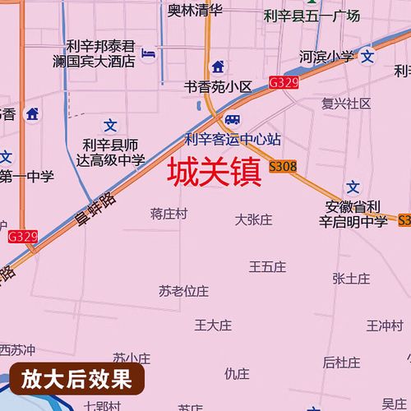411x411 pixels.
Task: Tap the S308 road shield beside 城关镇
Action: [x=283, y=167]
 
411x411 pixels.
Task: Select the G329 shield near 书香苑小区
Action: [x=283, y=83]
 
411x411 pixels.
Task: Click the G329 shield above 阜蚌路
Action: [x=23, y=237]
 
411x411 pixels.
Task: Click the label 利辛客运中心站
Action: [x=233, y=139]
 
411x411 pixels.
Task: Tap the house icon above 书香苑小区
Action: [x=217, y=67]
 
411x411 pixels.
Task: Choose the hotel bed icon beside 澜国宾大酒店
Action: [x=148, y=54]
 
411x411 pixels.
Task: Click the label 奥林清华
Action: [x=196, y=11]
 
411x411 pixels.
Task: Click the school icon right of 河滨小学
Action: [x=367, y=57]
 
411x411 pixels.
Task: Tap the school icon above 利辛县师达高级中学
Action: [x=110, y=124]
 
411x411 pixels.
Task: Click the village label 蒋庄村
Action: [x=169, y=214]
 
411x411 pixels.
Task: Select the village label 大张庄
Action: [x=253, y=219]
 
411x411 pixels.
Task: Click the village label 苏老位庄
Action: [x=184, y=291]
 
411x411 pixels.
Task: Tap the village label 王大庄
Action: [x=213, y=325]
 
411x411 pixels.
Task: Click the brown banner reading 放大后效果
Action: [x=76, y=379]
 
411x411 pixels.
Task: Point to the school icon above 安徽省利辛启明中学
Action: [x=353, y=187]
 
